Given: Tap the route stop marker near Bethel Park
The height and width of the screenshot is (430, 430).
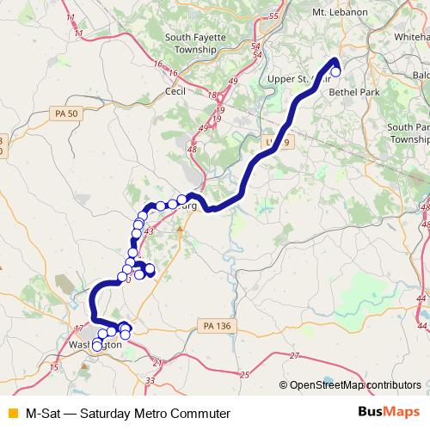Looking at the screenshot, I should click(x=335, y=72).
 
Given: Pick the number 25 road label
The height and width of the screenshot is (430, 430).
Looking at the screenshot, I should click(x=243, y=374).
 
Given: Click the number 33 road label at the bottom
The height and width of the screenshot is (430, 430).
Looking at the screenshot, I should click(x=150, y=379).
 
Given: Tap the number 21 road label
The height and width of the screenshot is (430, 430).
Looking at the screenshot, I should click(x=156, y=362).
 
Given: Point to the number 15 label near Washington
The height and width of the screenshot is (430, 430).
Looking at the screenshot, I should click(x=54, y=367).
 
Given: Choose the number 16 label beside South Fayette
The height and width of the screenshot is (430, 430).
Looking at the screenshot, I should click(x=158, y=64).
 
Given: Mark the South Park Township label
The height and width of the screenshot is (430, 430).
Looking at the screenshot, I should click(x=408, y=132).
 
